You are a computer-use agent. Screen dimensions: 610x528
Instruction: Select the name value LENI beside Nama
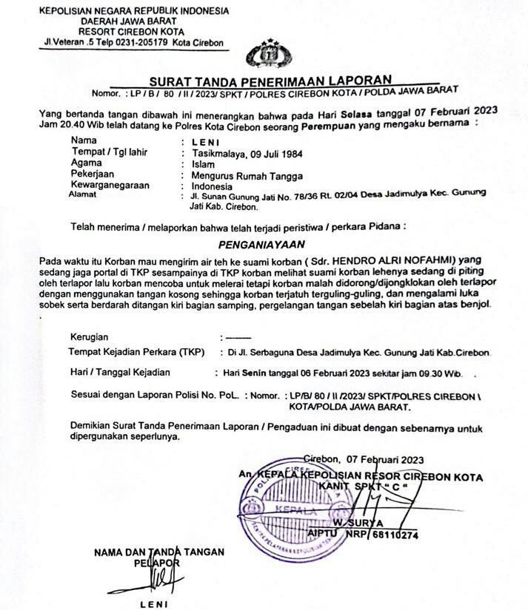[x=204, y=140]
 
